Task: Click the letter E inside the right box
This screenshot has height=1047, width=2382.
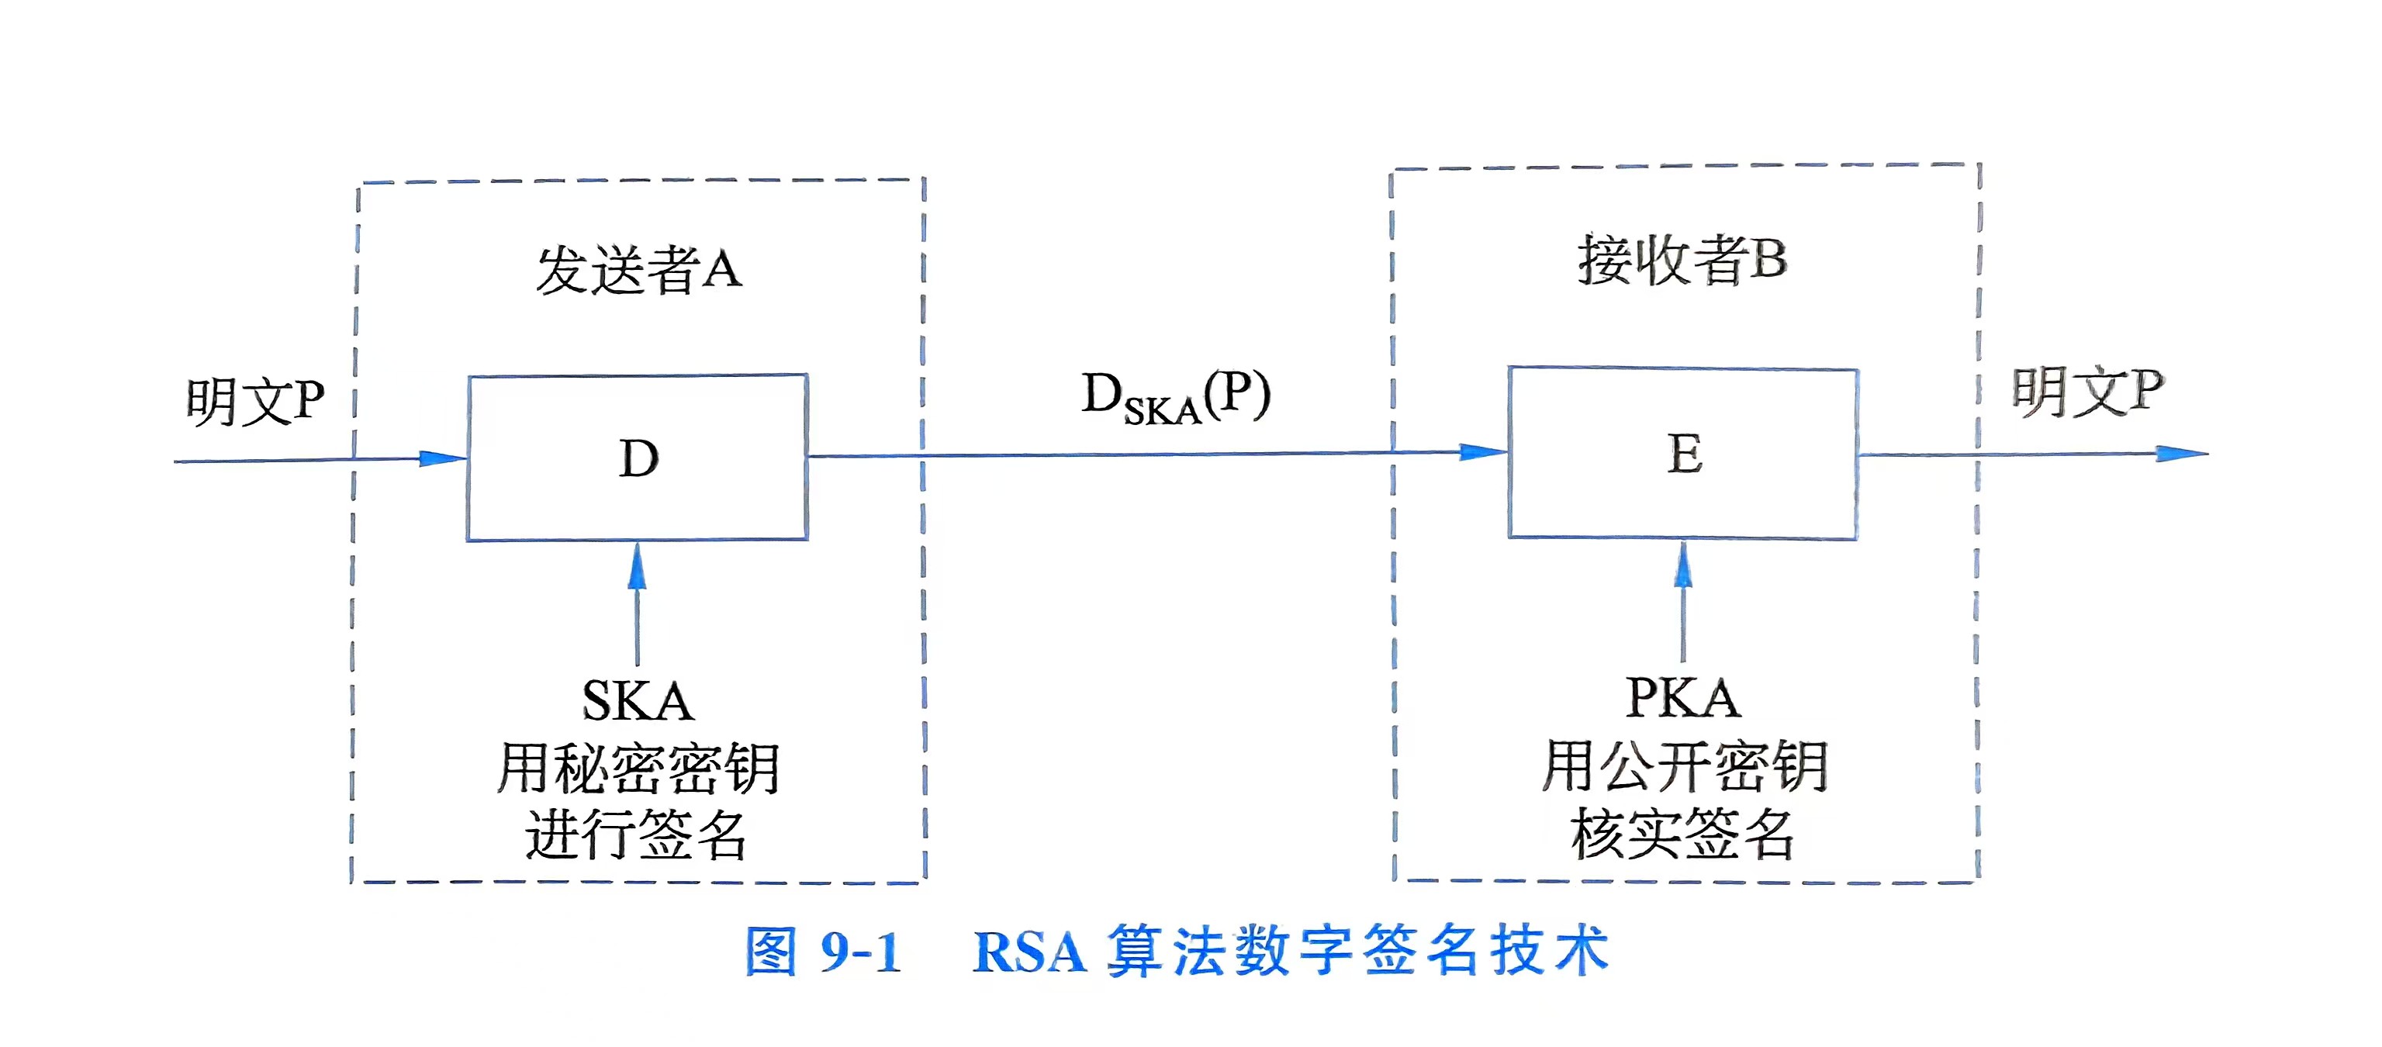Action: [x=1685, y=454]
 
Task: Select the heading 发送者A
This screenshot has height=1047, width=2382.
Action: [x=639, y=270]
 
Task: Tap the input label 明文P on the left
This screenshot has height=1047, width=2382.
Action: [x=255, y=403]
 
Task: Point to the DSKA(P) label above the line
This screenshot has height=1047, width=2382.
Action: [x=1175, y=398]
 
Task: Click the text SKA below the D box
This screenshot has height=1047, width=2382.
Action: [x=637, y=701]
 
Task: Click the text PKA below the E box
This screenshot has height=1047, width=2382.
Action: [x=1683, y=698]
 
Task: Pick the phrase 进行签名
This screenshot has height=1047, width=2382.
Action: [x=636, y=834]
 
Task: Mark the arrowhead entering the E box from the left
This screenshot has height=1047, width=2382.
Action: [x=1483, y=452]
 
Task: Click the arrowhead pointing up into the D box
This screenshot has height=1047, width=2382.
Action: [x=637, y=566]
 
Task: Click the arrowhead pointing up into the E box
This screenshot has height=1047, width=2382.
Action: [x=1683, y=564]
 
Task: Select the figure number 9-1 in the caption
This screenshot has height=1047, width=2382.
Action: [x=860, y=952]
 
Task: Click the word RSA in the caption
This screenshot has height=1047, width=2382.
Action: [x=1029, y=952]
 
